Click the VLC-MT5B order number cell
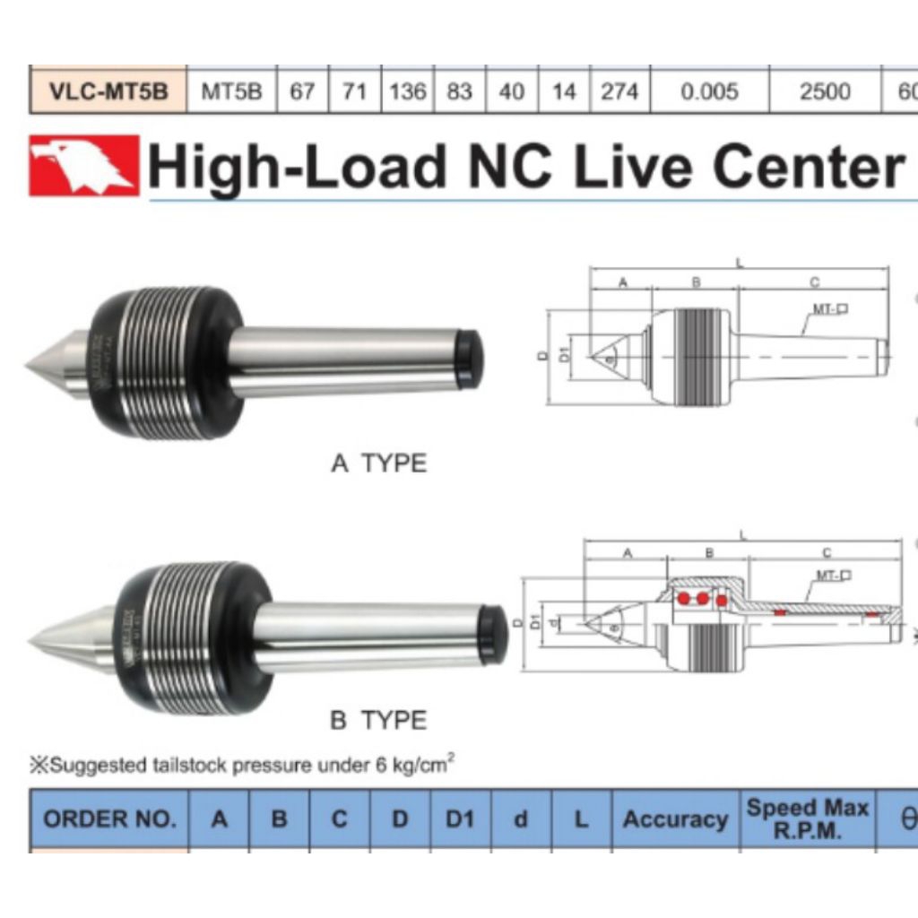point(108,91)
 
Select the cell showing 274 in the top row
point(619,91)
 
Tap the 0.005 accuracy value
point(709,91)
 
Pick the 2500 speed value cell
point(825,91)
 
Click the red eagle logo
point(84,165)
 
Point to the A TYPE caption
point(379,463)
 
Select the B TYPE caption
point(379,720)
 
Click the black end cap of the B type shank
point(492,635)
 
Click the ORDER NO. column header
point(109,819)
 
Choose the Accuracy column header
point(675,819)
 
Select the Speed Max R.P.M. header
point(807,819)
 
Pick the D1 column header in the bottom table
point(460,819)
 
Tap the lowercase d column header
point(521,819)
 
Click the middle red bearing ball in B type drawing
point(704,597)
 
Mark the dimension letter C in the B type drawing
point(827,553)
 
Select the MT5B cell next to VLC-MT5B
point(231,91)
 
